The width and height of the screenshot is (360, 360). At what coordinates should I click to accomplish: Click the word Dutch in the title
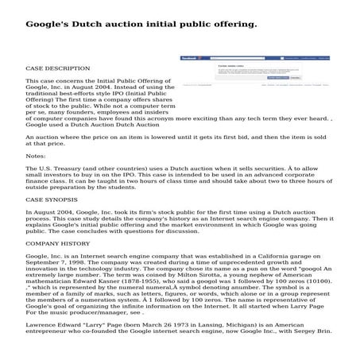[x=89, y=24]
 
